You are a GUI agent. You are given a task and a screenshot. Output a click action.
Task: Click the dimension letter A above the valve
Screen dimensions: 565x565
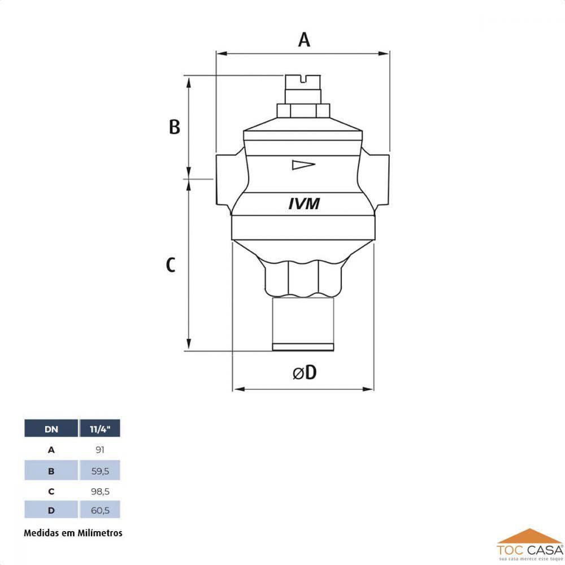(304, 40)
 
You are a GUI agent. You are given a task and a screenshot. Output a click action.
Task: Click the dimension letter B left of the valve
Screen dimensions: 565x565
(175, 127)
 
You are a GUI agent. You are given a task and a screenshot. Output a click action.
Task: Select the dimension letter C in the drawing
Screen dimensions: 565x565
(171, 265)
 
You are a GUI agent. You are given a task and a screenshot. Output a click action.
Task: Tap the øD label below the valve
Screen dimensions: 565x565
(305, 372)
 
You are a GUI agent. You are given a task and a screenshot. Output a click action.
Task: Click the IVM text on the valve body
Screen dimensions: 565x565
(304, 204)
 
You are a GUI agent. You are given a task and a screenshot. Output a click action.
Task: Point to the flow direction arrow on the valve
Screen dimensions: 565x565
(302, 165)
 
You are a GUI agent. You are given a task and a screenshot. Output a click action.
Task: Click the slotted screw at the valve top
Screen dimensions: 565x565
(303, 82)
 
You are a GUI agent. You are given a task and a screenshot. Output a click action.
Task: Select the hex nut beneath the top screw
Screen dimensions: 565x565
(303, 110)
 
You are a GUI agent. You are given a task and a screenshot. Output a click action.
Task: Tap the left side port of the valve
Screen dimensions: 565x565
(224, 179)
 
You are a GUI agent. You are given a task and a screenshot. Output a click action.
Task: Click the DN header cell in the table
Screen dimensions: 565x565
(51, 429)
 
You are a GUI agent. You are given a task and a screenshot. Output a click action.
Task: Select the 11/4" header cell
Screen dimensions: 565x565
(100, 429)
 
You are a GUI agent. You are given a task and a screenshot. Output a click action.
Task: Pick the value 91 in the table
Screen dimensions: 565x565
(100, 450)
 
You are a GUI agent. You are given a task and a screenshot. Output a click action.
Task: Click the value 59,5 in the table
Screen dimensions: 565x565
(100, 470)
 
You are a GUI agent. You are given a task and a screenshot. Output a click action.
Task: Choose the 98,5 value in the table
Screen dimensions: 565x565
(100, 490)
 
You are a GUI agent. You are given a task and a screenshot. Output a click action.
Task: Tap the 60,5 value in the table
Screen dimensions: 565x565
(100, 510)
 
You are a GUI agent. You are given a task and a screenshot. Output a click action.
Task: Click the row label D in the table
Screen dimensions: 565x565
(51, 510)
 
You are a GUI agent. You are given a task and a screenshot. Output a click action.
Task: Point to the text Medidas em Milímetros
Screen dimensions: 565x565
(73, 532)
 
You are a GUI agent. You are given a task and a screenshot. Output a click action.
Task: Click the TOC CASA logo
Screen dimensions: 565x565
(529, 545)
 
